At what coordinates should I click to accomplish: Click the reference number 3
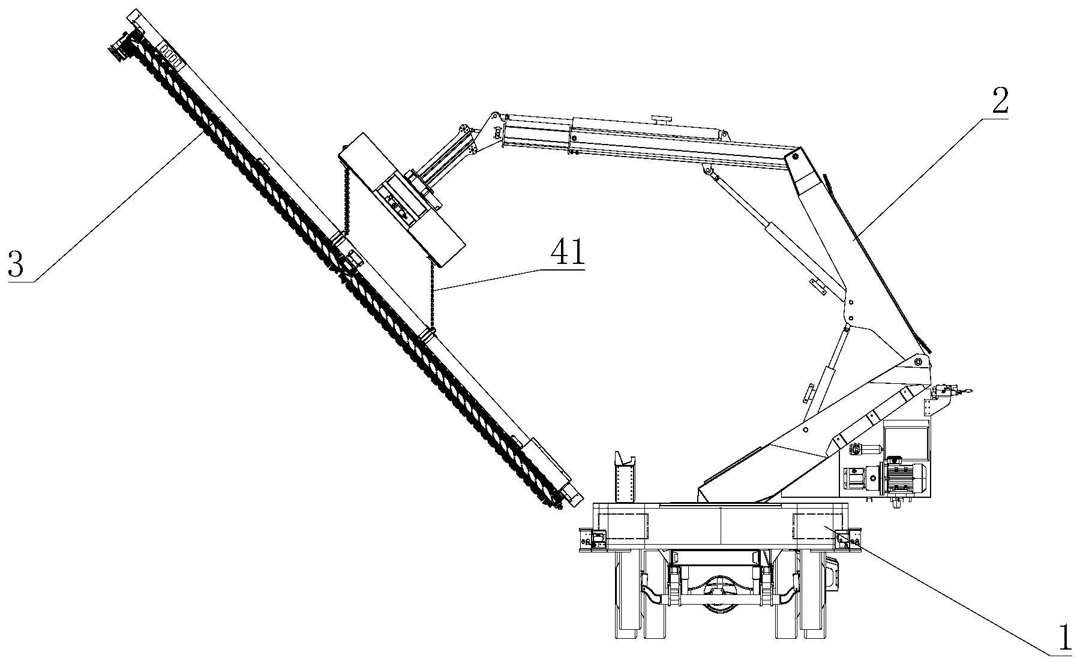click(x=16, y=265)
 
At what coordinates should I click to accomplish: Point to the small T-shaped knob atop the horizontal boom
click(x=662, y=119)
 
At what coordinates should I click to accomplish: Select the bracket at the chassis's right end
click(x=851, y=539)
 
